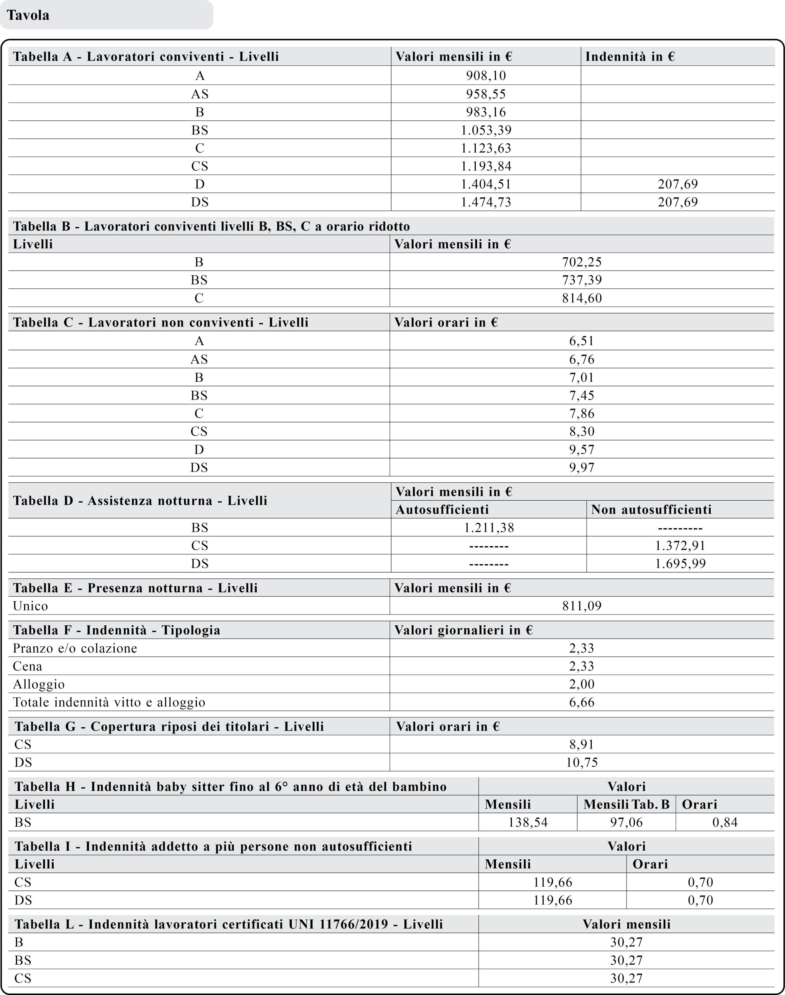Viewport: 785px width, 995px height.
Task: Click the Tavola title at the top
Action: coord(28,15)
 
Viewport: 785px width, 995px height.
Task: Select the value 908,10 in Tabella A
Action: coord(486,75)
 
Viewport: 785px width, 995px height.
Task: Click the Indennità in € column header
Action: coord(630,57)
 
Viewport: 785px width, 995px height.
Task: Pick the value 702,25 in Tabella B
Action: coord(581,262)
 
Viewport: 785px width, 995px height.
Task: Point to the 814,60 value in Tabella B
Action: coord(581,298)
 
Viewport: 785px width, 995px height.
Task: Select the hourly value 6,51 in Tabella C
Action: coord(581,341)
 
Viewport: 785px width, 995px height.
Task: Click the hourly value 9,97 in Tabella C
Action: coord(581,468)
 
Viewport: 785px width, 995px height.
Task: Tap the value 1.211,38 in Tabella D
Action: coord(489,528)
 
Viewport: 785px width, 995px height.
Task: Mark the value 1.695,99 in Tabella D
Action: coord(680,564)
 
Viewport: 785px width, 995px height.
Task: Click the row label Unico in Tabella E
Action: coord(30,606)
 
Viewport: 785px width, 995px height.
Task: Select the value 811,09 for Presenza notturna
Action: coord(581,606)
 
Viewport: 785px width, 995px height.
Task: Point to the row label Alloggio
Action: coord(38,684)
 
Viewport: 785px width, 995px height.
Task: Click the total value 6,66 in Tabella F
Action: coord(581,702)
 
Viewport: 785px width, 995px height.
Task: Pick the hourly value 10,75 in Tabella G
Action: coord(581,762)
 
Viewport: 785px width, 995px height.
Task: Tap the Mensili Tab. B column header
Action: coord(626,804)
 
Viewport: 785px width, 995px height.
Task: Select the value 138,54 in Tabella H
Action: coord(527,822)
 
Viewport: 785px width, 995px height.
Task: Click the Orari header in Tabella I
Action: coord(650,864)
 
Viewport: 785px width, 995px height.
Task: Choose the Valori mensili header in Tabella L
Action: coord(626,924)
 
